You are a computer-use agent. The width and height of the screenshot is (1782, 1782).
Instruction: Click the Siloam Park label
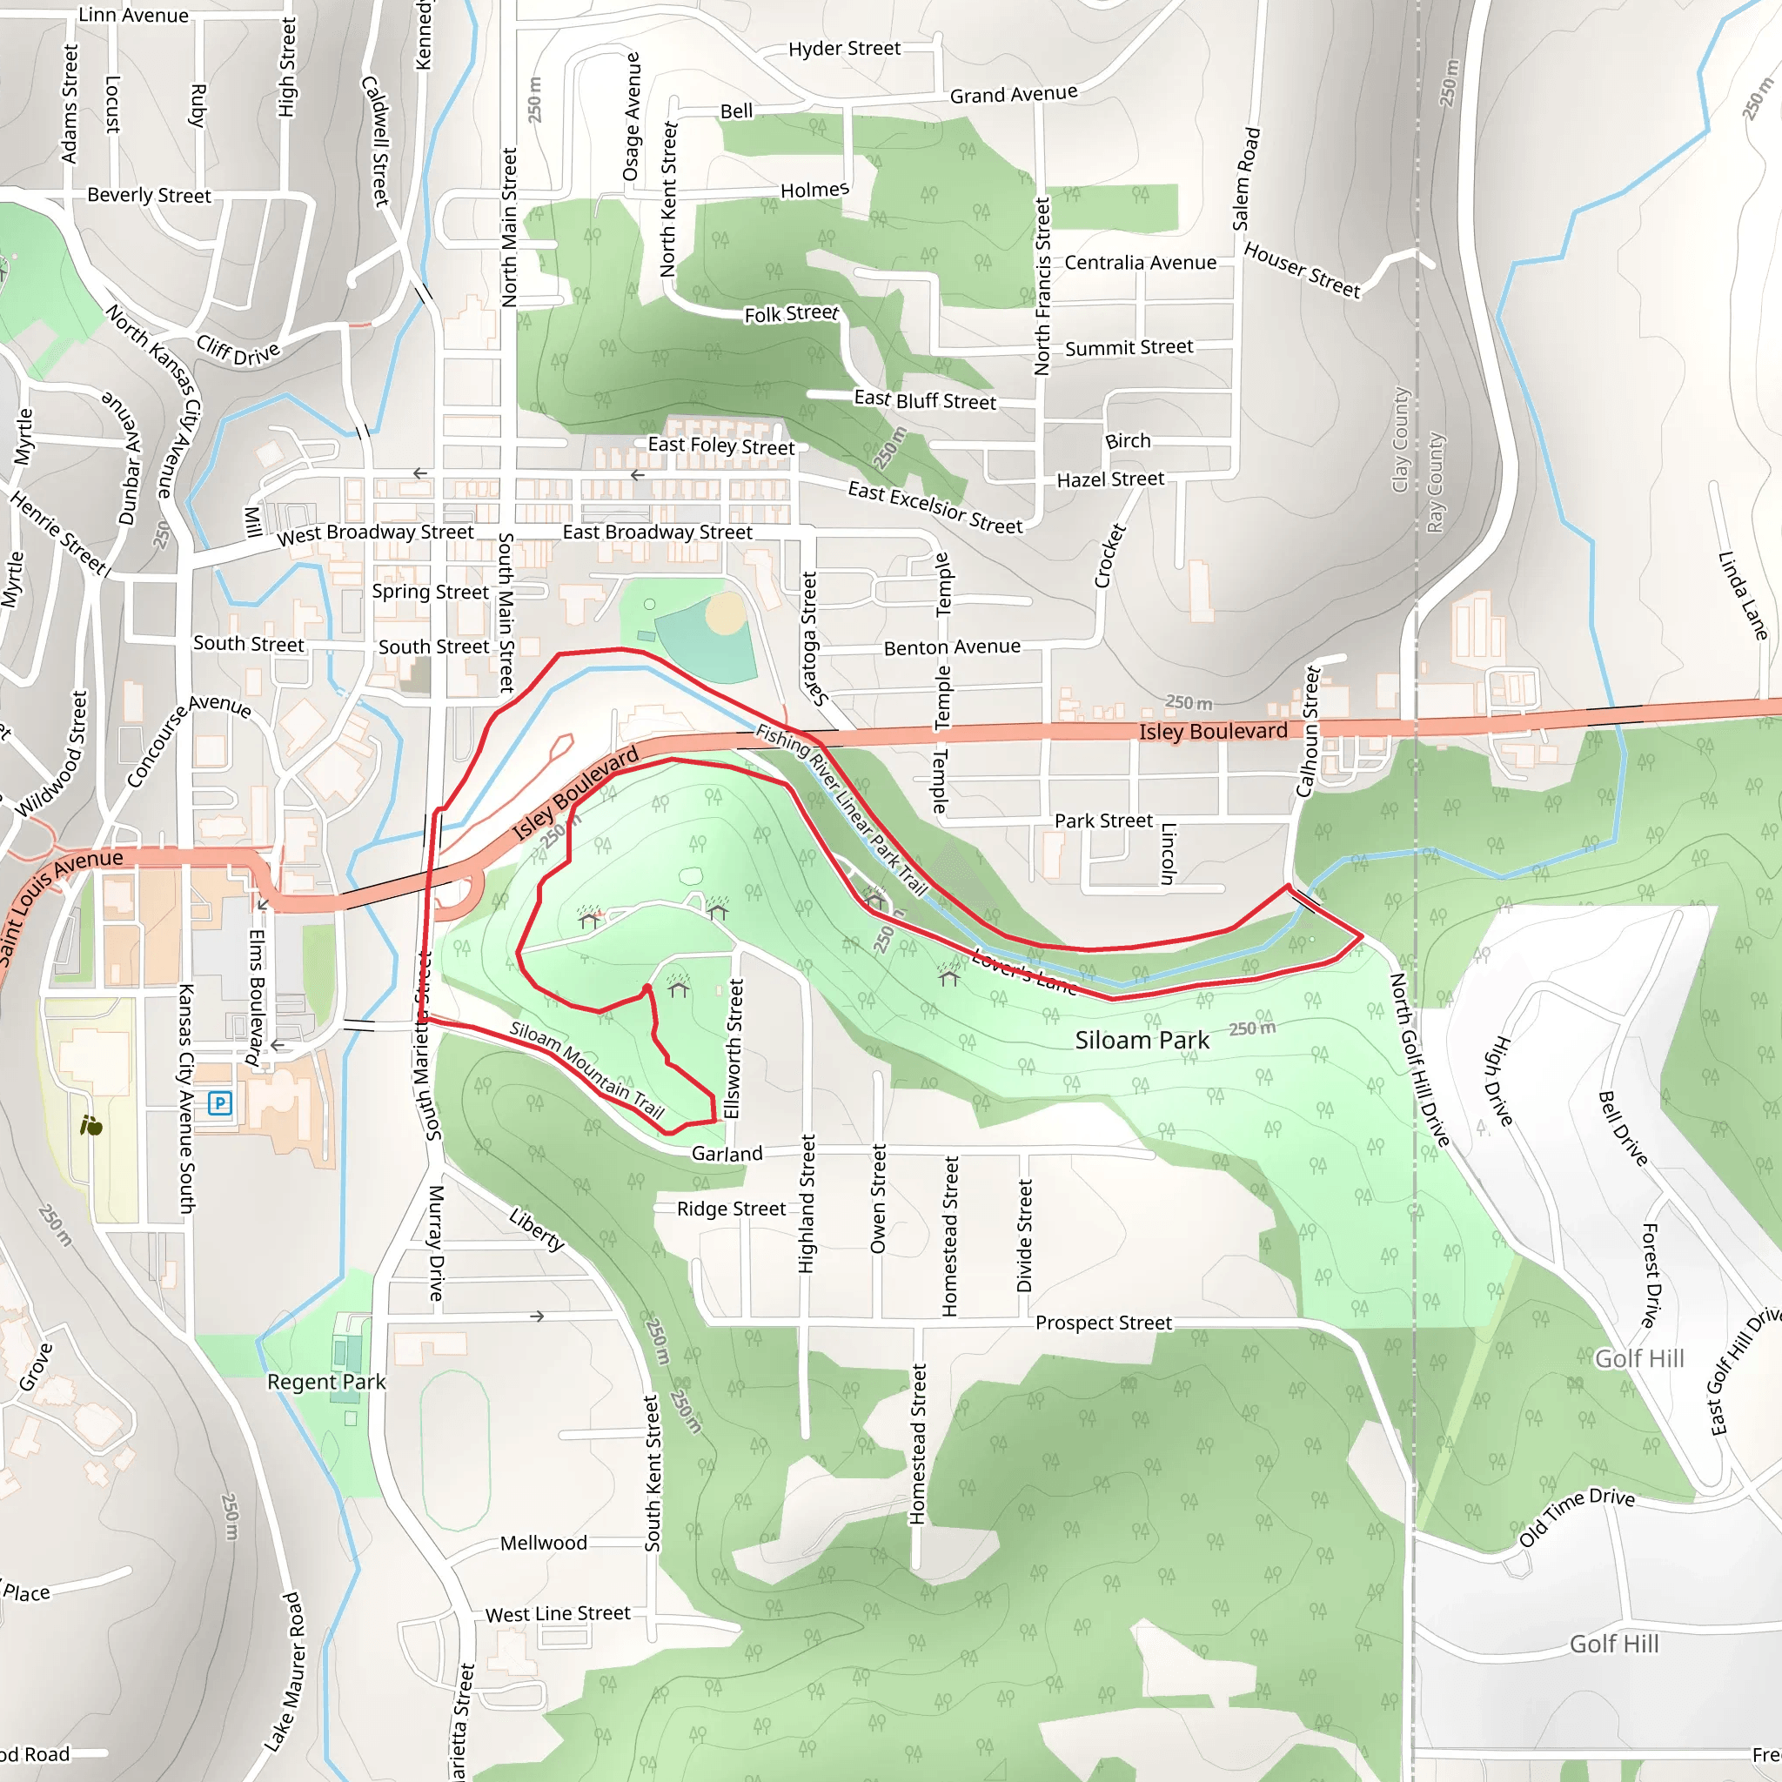pyautogui.click(x=1142, y=1041)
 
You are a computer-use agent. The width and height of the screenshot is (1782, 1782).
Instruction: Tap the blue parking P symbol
pyautogui.click(x=219, y=1102)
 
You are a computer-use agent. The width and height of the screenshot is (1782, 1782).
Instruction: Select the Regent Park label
pyautogui.click(x=326, y=1382)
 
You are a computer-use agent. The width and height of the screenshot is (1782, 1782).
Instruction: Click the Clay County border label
pyautogui.click(x=1400, y=439)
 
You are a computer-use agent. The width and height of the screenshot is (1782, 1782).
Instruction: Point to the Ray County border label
pyautogui.click(x=1435, y=482)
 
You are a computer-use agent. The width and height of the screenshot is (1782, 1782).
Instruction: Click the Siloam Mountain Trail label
pyautogui.click(x=587, y=1070)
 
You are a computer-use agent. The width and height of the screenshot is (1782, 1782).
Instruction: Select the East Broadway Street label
pyautogui.click(x=658, y=533)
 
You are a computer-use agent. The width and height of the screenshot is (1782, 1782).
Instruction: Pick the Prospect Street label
pyautogui.click(x=1103, y=1323)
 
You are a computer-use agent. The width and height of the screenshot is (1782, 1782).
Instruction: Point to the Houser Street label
pyautogui.click(x=1302, y=271)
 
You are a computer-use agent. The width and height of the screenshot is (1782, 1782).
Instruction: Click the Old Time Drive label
pyautogui.click(x=1577, y=1517)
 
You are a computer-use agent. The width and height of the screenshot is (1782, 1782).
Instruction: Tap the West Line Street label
pyautogui.click(x=558, y=1614)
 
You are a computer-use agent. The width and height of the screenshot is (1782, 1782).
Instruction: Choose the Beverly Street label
pyautogui.click(x=150, y=196)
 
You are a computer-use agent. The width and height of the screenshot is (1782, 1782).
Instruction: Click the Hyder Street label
pyautogui.click(x=844, y=49)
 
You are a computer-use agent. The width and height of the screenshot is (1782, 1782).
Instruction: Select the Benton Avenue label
pyautogui.click(x=952, y=647)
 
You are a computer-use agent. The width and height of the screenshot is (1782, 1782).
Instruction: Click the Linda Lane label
pyautogui.click(x=1742, y=596)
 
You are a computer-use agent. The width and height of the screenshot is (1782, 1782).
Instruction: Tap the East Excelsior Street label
pyautogui.click(x=935, y=507)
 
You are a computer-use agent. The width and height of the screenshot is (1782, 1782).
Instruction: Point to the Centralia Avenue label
pyautogui.click(x=1140, y=263)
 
